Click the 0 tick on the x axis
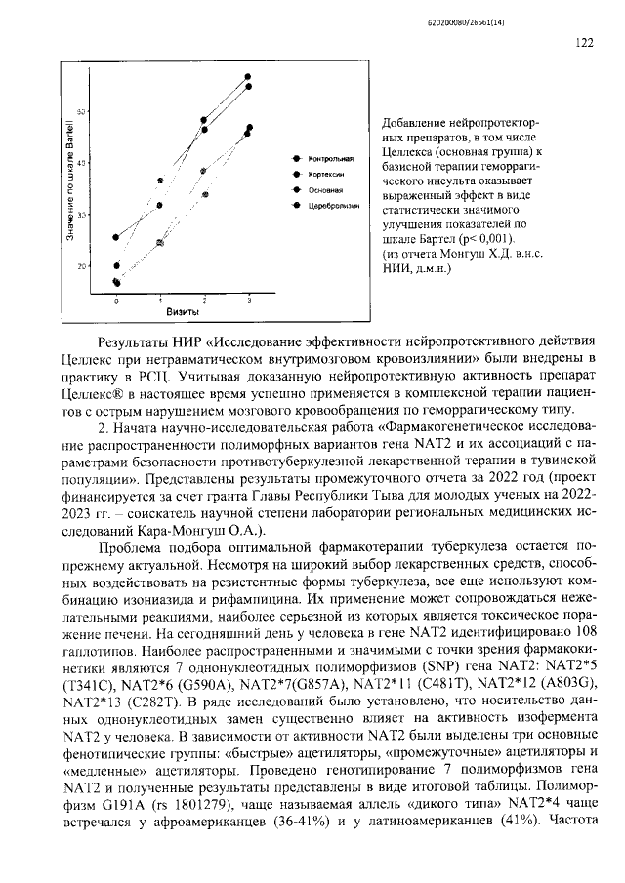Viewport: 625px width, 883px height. click(x=116, y=301)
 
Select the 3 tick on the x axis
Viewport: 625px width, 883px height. click(x=248, y=301)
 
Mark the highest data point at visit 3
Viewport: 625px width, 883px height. click(x=248, y=76)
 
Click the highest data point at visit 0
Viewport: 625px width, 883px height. click(x=116, y=237)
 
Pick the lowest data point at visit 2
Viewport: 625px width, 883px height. click(x=205, y=194)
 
